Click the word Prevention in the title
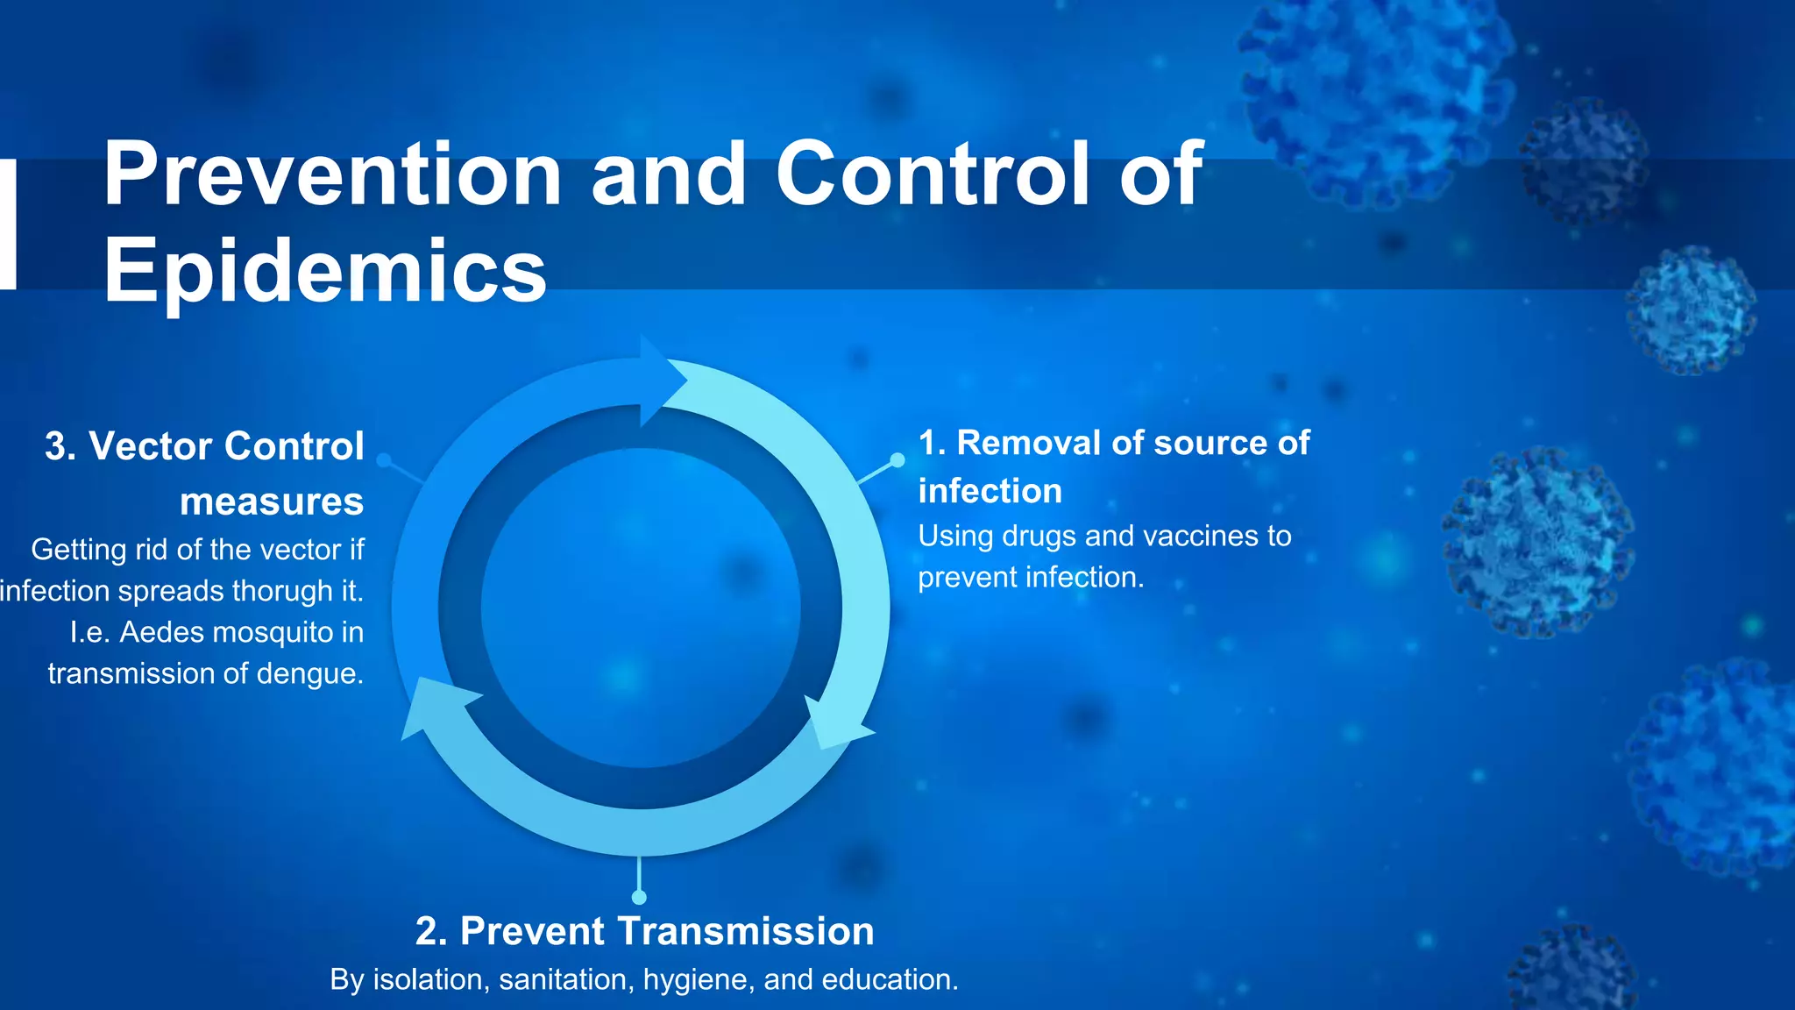click(x=331, y=175)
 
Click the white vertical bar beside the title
click(x=8, y=224)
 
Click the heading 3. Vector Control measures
click(x=205, y=473)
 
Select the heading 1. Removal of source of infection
click(x=1113, y=466)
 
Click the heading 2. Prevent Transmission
click(x=644, y=931)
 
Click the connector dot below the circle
click(x=639, y=897)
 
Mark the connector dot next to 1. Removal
click(x=897, y=460)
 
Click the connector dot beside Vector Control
click(x=383, y=460)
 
